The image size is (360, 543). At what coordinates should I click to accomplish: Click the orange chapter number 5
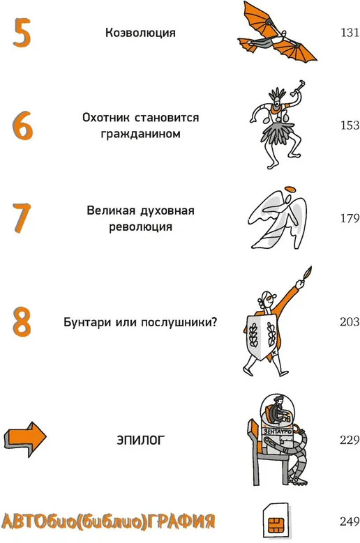coord(22,33)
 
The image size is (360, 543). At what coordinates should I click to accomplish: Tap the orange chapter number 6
coord(23,125)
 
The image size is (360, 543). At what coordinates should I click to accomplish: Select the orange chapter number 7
coord(22,217)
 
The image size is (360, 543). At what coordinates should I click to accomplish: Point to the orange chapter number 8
coord(22,322)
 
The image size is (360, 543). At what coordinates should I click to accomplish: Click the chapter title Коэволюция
coord(140,33)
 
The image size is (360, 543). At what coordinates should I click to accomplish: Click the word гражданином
coord(140,134)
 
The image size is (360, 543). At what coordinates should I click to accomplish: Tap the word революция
coord(140,227)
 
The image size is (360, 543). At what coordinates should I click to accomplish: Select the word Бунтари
coord(87,323)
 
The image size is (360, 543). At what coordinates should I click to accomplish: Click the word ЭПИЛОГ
coord(140,440)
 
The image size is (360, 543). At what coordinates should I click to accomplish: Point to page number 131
coord(350,33)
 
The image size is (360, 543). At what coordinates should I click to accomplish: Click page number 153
coord(350,125)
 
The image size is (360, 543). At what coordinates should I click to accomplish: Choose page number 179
coord(350,218)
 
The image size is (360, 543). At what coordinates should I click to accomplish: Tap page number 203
coord(350,322)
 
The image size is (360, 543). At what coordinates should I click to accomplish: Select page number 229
coord(350,440)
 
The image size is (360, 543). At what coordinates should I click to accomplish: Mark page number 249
coord(350,521)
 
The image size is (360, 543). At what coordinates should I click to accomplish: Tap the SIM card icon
coord(276,521)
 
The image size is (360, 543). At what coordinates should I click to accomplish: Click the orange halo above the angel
coord(290,190)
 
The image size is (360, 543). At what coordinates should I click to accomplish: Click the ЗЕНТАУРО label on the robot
coord(278,431)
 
